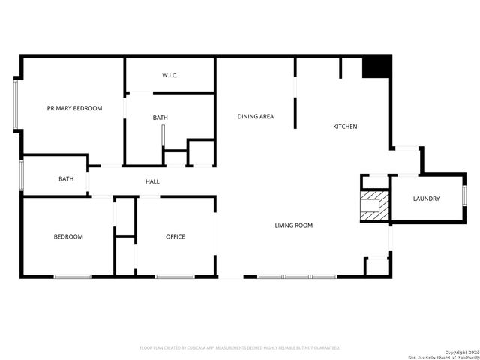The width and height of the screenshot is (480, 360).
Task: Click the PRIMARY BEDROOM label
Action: coord(74,109)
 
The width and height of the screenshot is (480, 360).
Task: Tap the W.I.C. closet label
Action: coord(170,76)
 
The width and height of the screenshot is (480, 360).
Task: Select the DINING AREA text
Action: coord(255,116)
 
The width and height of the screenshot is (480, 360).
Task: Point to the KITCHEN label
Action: coord(345,127)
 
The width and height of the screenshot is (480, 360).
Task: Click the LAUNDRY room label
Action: coord(426,199)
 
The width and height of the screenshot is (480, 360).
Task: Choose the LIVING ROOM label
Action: coord(293,226)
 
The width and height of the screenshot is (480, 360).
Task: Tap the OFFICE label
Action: coord(175,237)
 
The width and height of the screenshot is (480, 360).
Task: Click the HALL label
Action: coord(152,181)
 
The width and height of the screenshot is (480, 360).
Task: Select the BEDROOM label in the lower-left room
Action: coord(67,237)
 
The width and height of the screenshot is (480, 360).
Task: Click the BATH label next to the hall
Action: coord(66,179)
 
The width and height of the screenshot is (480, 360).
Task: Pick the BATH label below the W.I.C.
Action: coord(160,118)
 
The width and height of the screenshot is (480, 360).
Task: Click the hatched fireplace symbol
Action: coord(373,206)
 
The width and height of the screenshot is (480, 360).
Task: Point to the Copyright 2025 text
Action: coord(460,351)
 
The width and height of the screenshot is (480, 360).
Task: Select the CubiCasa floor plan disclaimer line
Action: coord(240,348)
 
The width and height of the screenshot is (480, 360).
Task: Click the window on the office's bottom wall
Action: coord(175,277)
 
